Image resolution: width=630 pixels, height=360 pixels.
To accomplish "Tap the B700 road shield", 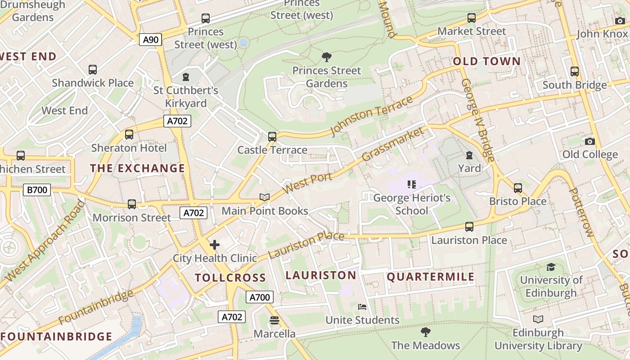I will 37,190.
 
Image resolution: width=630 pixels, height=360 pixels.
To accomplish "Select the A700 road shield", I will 260,297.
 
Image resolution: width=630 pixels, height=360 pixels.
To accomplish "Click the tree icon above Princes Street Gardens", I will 327,57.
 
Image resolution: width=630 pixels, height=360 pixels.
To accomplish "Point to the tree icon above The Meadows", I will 425,332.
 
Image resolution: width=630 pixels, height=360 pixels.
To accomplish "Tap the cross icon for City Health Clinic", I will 215,245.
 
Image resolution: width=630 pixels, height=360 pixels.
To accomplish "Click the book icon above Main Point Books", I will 265,198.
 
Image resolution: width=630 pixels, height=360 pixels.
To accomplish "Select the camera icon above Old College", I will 589,141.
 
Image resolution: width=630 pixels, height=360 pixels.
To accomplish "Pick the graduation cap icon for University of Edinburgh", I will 551,267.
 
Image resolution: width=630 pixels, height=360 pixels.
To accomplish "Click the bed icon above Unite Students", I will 362,307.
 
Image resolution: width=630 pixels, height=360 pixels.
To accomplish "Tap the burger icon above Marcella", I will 274,320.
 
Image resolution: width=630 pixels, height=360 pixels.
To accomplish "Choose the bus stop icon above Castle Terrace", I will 272,136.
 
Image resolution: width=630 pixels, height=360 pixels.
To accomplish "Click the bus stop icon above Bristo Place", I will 517,188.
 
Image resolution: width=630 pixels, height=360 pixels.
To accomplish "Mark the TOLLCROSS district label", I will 230,278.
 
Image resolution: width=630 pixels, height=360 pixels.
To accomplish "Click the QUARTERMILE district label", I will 431,277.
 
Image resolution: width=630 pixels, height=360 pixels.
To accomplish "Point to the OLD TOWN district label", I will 486,62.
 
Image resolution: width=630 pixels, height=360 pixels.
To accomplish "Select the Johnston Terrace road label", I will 372,116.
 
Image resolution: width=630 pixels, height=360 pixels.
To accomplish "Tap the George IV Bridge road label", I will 478,120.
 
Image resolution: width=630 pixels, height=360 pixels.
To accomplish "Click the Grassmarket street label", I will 393,144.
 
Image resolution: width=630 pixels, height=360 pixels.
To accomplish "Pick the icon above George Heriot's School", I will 411,184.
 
